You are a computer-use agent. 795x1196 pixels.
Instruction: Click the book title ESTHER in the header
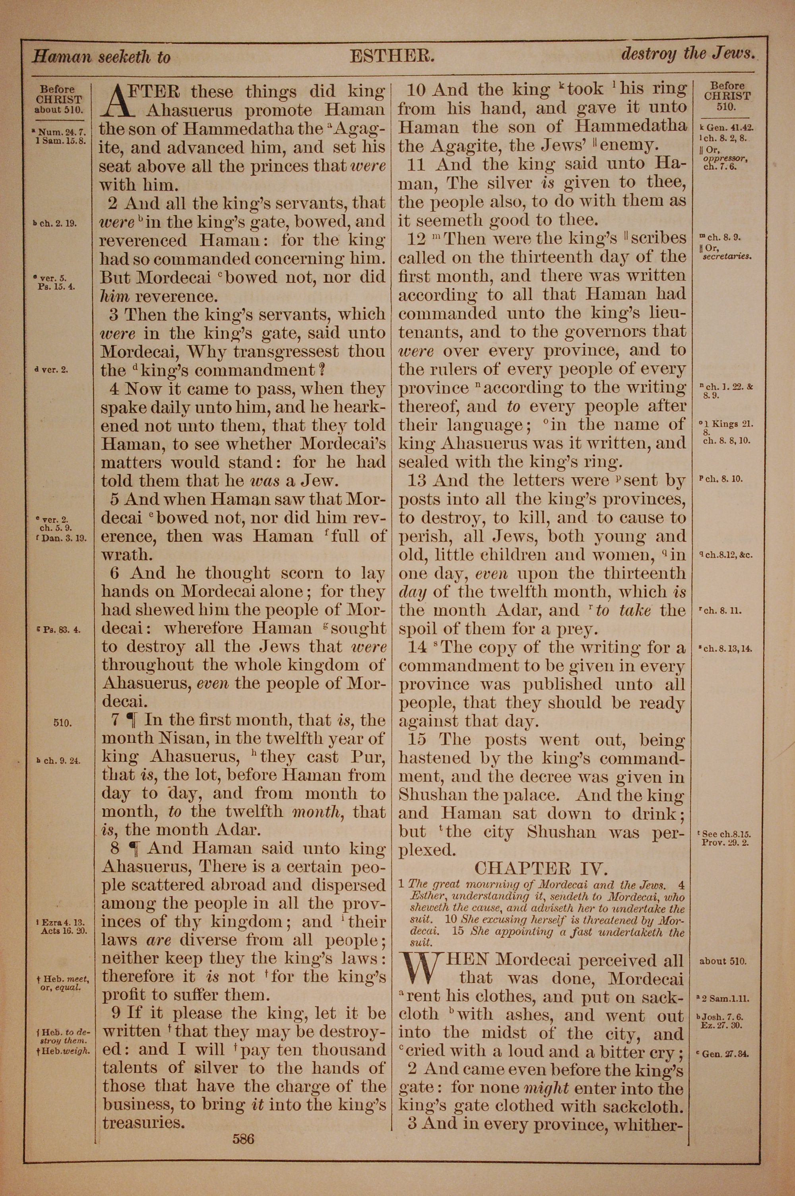pos(392,55)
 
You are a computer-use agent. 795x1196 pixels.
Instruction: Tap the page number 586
pos(243,1125)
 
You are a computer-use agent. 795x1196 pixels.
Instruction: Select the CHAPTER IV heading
pos(541,868)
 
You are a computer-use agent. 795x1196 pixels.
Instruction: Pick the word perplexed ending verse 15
pos(425,850)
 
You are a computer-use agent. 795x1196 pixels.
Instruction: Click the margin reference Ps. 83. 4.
pos(60,630)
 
